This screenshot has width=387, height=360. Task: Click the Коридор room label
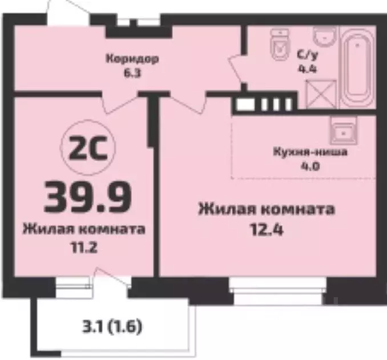(131, 59)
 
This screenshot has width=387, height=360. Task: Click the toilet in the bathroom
(280, 45)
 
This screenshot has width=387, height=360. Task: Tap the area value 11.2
(83, 248)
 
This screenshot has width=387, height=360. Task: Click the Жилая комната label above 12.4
(267, 209)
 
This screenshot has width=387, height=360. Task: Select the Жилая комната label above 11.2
(83, 230)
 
